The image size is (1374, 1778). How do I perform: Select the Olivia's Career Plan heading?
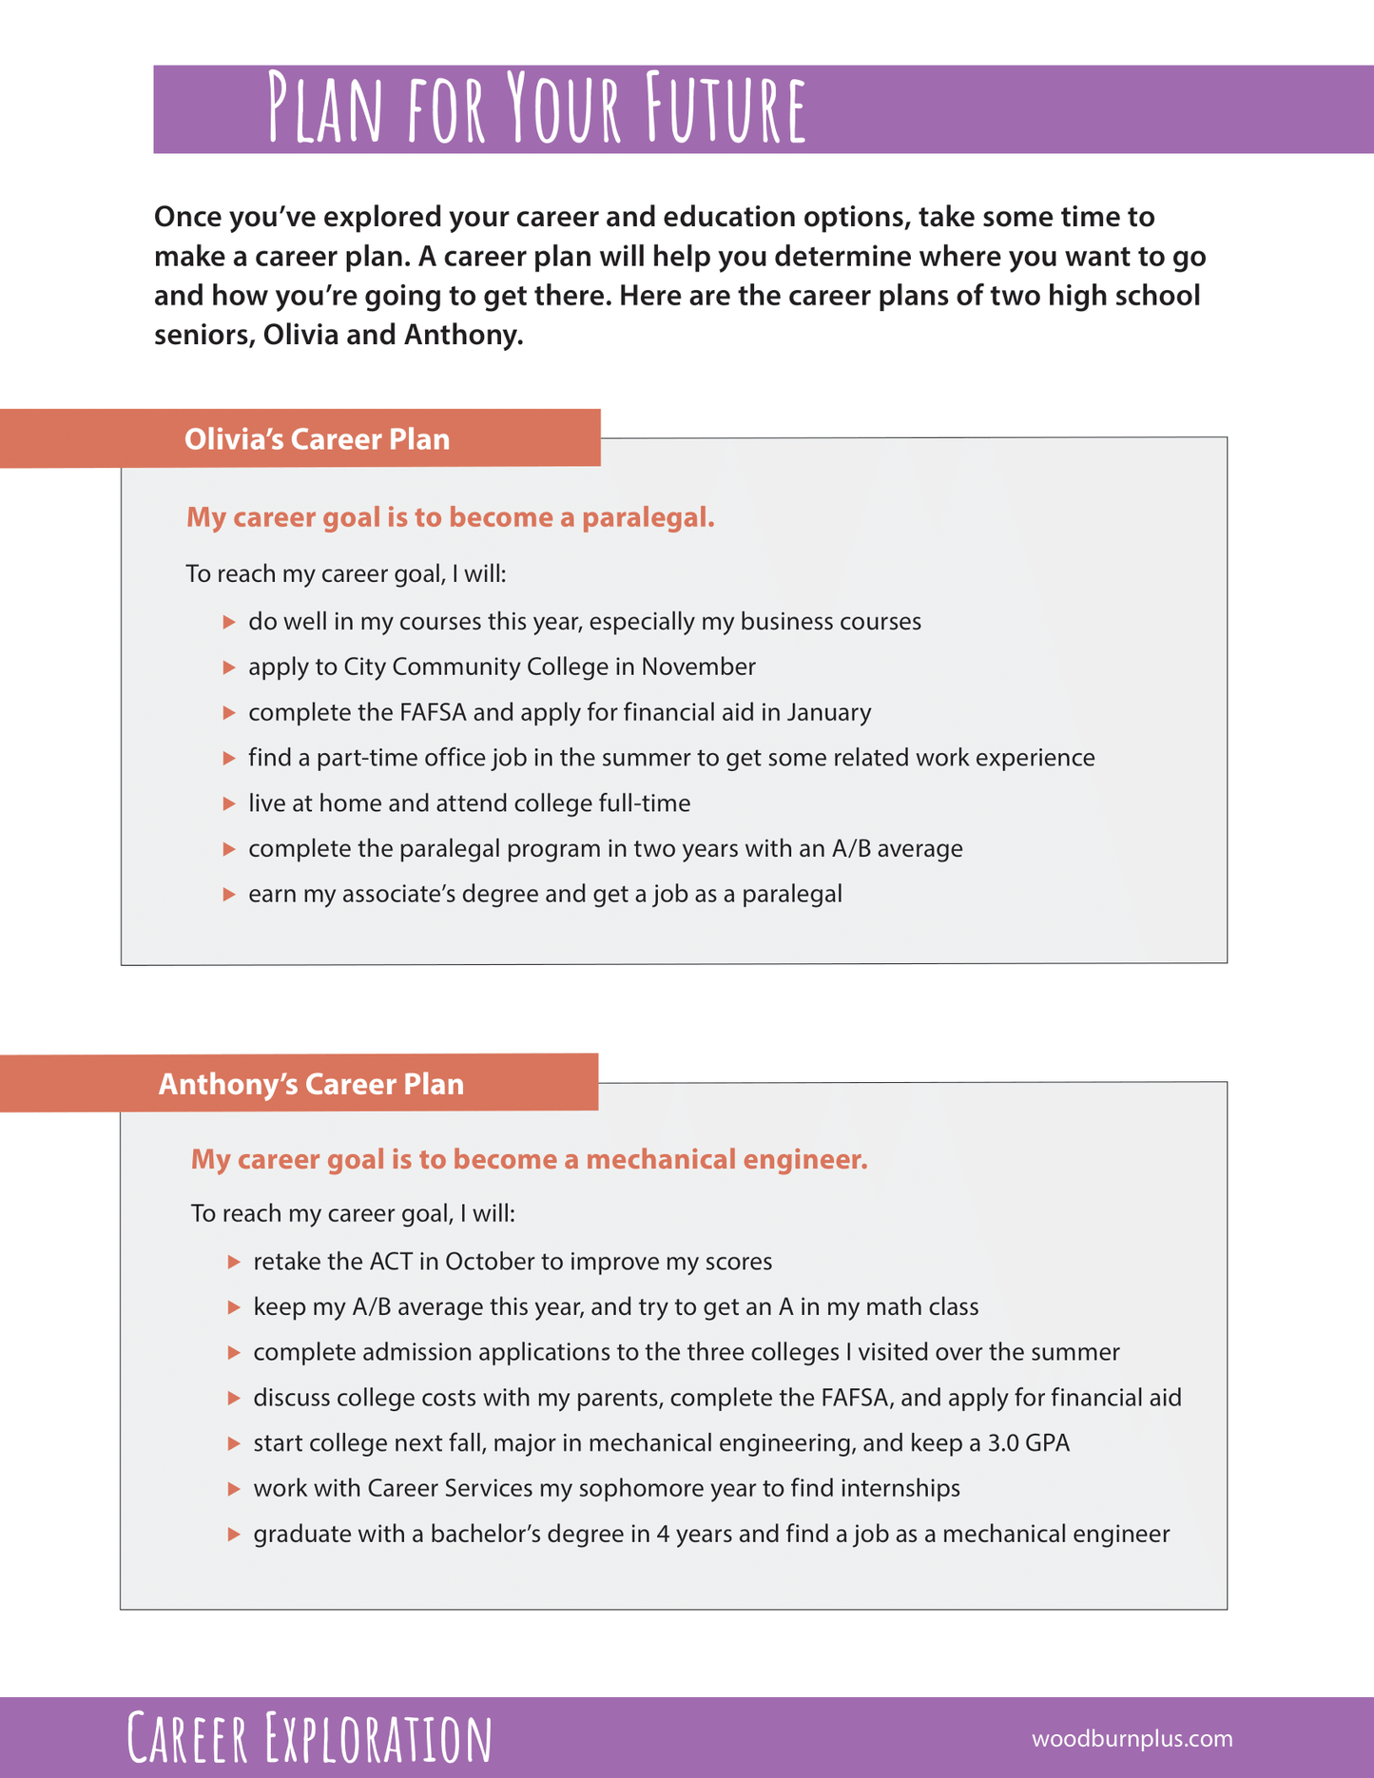click(317, 439)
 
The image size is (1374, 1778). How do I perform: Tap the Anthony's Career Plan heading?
click(311, 1084)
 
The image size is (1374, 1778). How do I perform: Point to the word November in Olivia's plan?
click(699, 667)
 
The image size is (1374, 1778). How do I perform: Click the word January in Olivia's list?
click(829, 712)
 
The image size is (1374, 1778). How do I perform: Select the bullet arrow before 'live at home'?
click(229, 803)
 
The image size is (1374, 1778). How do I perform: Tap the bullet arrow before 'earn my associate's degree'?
click(229, 895)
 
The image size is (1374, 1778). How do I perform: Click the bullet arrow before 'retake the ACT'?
click(234, 1262)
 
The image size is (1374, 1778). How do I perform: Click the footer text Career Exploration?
click(310, 1738)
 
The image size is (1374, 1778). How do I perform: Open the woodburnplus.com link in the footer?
click(1132, 1739)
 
